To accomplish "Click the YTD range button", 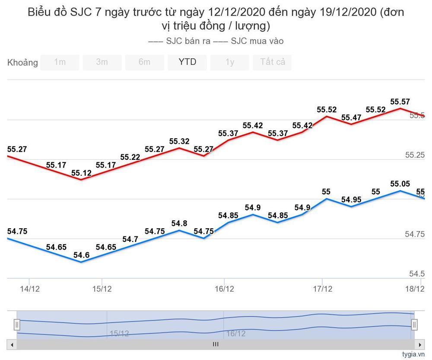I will tap(187, 62).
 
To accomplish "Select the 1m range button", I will tap(60, 62).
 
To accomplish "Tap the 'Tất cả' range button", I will tap(273, 62).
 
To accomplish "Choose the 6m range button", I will tap(145, 62).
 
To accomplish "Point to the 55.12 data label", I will tap(81, 173).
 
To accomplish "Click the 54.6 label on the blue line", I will tap(81, 255).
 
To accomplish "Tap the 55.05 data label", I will tap(400, 184).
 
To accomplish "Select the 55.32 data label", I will tap(179, 141).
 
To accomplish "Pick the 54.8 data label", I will tap(179, 223).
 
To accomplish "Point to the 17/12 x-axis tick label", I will tap(322, 289).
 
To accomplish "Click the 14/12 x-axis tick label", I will tap(30, 289).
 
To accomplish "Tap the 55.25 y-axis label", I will tap(414, 155).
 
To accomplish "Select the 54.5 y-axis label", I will tap(417, 274).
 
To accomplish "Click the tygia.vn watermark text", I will tap(413, 354).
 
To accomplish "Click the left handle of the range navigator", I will tap(16, 324).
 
